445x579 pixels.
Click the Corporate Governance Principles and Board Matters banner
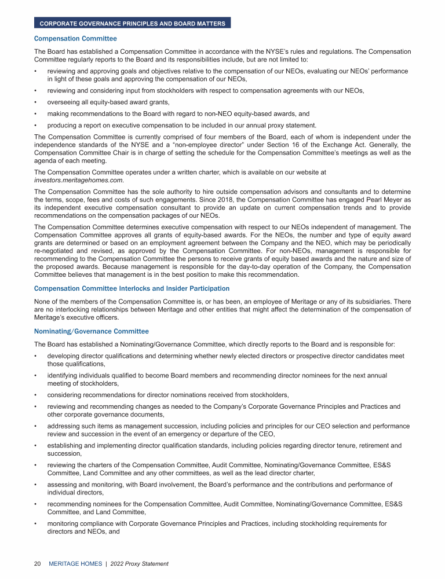pyautogui.click(x=133, y=23)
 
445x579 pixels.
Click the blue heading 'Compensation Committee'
pyautogui.click(x=75, y=39)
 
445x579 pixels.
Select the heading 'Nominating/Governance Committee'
pyautogui.click(x=92, y=331)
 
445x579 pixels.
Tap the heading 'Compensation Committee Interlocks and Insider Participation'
pyautogui.click(x=132, y=288)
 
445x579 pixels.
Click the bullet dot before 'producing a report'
pyautogui.click(x=36, y=126)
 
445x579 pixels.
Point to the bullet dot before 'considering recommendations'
pyautogui.click(x=36, y=395)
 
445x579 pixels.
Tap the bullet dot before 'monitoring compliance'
pyautogui.click(x=36, y=523)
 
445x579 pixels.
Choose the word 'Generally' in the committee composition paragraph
pyautogui.click(x=393, y=145)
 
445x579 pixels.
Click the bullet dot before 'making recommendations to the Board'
pyautogui.click(x=36, y=114)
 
